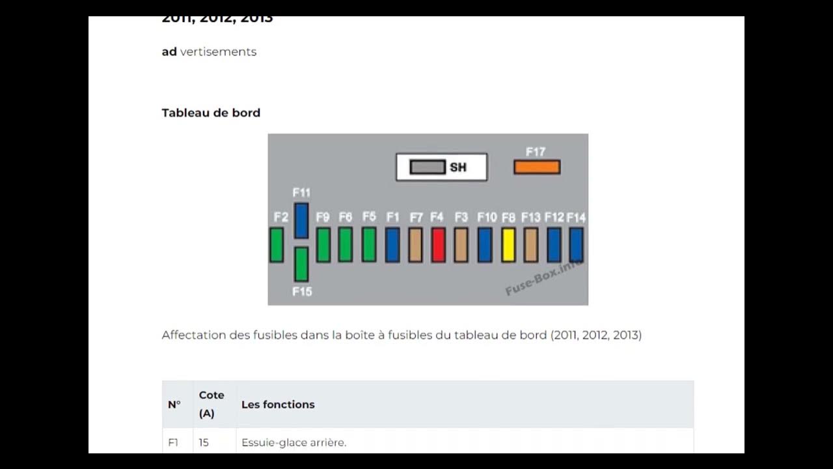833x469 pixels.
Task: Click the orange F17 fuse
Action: [x=537, y=167]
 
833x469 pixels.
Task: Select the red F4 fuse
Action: [x=438, y=245]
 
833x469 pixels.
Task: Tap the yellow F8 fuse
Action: [x=508, y=245]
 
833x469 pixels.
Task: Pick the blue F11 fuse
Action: [x=301, y=220]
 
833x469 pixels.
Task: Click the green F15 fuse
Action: [x=301, y=264]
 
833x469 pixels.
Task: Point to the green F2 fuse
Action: [x=277, y=245]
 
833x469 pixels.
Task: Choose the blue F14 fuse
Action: [x=576, y=245]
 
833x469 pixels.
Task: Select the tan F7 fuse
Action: [x=415, y=245]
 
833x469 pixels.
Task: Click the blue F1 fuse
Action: [x=392, y=245]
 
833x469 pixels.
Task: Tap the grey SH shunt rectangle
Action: [x=428, y=167]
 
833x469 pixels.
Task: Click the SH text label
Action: [x=458, y=167]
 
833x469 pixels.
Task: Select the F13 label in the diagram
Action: [x=531, y=217]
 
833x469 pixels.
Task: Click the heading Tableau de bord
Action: [x=211, y=113]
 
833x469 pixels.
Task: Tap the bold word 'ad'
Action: [x=169, y=51]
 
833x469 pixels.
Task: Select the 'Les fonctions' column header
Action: [x=278, y=405]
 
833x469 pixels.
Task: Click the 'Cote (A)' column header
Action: [x=212, y=404]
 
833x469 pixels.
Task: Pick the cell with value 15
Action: [x=204, y=442]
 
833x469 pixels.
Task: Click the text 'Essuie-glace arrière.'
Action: [x=294, y=442]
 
